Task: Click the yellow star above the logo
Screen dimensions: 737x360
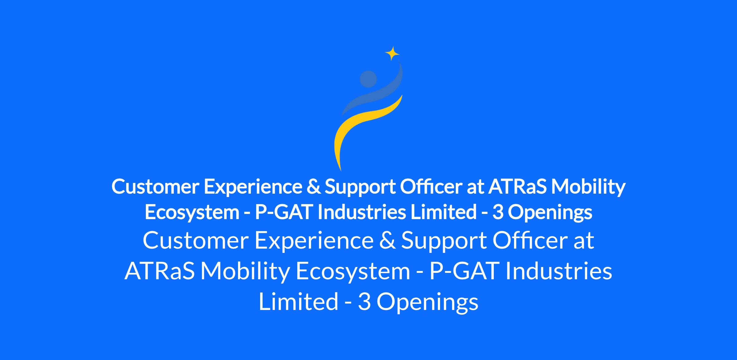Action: pos(392,54)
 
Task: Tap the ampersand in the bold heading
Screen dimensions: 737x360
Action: pos(313,187)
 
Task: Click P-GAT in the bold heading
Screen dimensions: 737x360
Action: pos(284,212)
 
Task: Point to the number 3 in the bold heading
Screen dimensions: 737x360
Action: pos(498,212)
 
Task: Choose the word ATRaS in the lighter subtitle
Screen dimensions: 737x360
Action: pos(160,271)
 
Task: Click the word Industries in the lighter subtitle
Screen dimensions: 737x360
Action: pos(559,271)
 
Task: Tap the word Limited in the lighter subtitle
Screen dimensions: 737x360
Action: pos(298,301)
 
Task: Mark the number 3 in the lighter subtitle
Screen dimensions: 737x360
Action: pos(364,302)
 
